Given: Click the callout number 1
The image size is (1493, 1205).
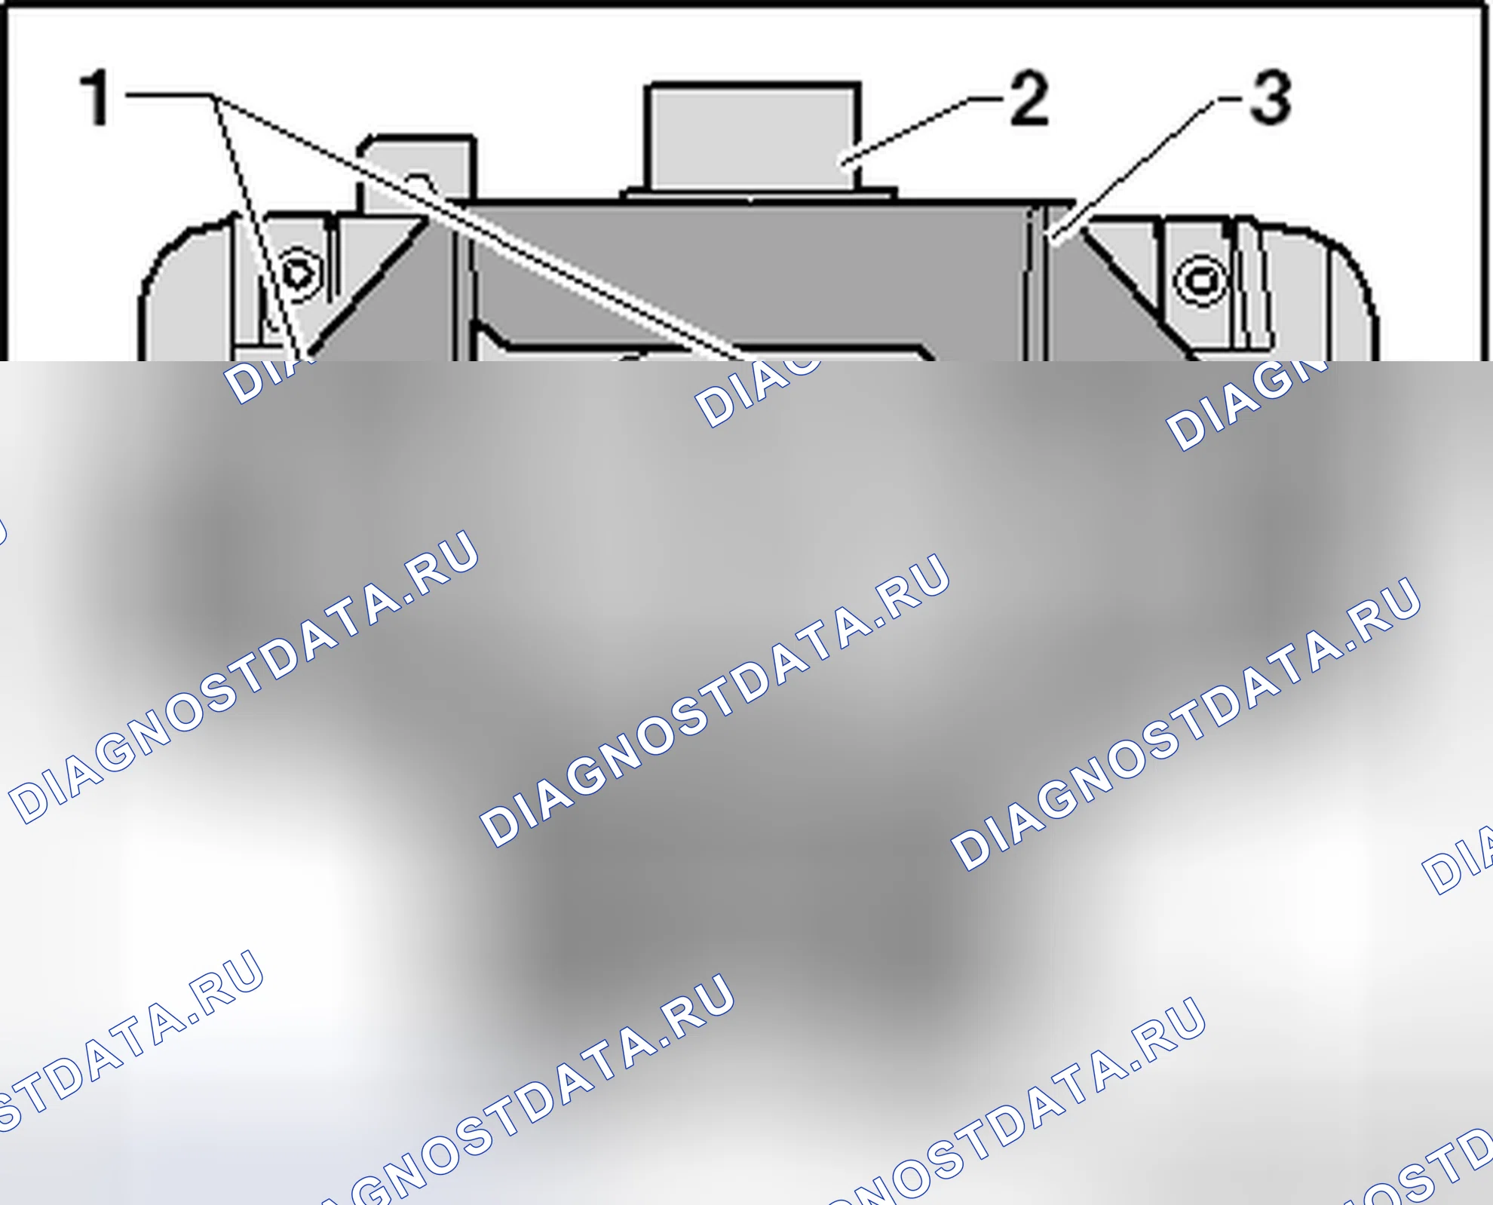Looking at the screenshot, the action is tap(96, 97).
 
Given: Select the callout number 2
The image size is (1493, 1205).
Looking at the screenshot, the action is tap(1029, 98).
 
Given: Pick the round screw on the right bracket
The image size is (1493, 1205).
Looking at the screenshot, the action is tap(1200, 281).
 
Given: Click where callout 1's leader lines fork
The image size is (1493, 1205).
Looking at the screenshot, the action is tap(213, 96).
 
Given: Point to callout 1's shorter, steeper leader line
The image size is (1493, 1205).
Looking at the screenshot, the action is tap(259, 226).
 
